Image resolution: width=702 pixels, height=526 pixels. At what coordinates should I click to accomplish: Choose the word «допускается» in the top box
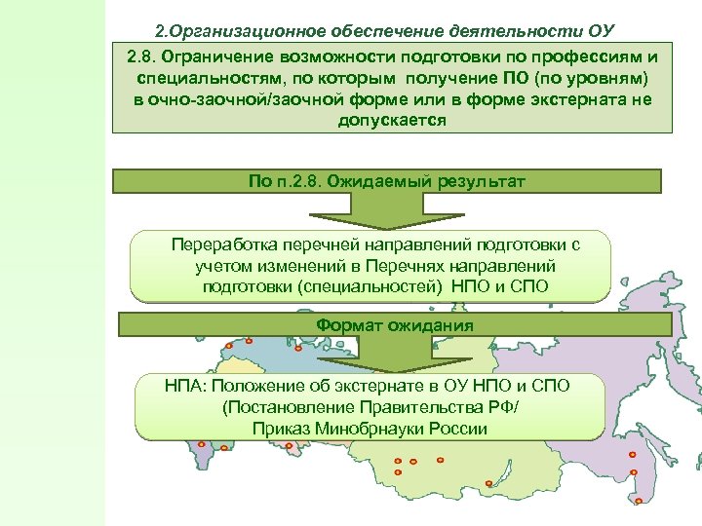tap(392, 121)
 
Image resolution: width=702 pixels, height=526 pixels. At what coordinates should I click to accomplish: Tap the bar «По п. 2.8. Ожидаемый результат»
tap(387, 181)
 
